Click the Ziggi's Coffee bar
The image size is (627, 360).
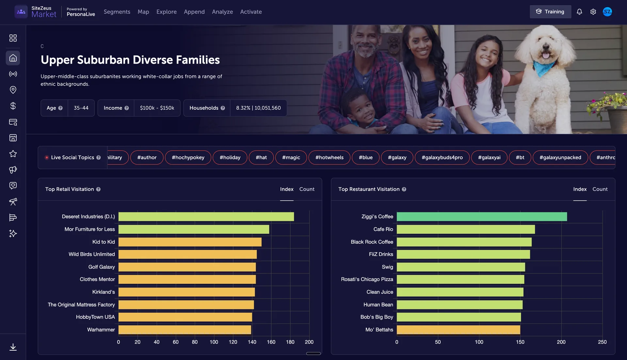(x=482, y=217)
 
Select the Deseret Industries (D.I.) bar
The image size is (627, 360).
(x=206, y=217)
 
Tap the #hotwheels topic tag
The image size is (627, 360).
(x=329, y=158)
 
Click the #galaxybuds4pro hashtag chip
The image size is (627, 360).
(x=442, y=158)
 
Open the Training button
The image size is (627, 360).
(x=550, y=12)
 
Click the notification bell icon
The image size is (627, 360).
(x=579, y=12)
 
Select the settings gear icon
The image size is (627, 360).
(x=593, y=12)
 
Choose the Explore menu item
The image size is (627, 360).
(x=166, y=12)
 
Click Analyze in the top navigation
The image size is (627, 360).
(x=222, y=12)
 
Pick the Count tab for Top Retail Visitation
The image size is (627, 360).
(x=307, y=189)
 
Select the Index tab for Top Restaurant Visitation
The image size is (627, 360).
(x=580, y=189)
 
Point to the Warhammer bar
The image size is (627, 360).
(x=185, y=330)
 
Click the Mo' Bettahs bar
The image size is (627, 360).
(x=458, y=330)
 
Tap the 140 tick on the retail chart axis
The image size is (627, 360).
(x=252, y=342)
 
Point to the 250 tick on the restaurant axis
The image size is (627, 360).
(x=602, y=342)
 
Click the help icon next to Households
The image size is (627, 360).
(x=223, y=108)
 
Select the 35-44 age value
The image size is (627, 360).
(x=81, y=108)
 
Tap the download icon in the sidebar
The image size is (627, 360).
(x=13, y=347)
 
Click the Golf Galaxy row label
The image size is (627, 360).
(x=102, y=267)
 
